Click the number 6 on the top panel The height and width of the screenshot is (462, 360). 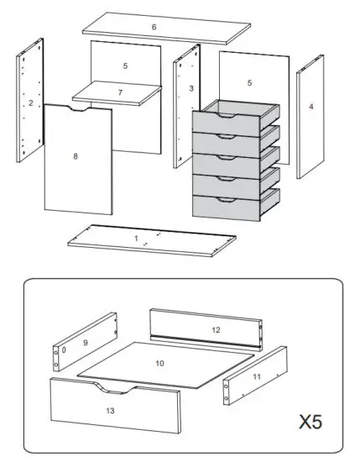(x=154, y=28)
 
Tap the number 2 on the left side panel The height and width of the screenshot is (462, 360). (x=30, y=103)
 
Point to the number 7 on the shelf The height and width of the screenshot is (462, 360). (x=119, y=92)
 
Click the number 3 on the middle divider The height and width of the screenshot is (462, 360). (x=191, y=88)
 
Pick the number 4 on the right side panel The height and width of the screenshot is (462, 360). (x=310, y=107)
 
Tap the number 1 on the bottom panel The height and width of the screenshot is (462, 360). (x=136, y=238)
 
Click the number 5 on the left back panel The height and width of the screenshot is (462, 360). (x=125, y=66)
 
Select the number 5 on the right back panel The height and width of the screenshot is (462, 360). (x=249, y=82)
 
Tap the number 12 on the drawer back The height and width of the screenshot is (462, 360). (x=216, y=330)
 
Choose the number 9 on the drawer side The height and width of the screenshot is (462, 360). (x=85, y=343)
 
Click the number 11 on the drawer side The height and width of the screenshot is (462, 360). (x=256, y=377)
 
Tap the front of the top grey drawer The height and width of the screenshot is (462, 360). (x=224, y=123)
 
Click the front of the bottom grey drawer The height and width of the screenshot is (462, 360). (x=224, y=207)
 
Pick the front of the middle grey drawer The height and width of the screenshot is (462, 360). (x=224, y=165)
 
